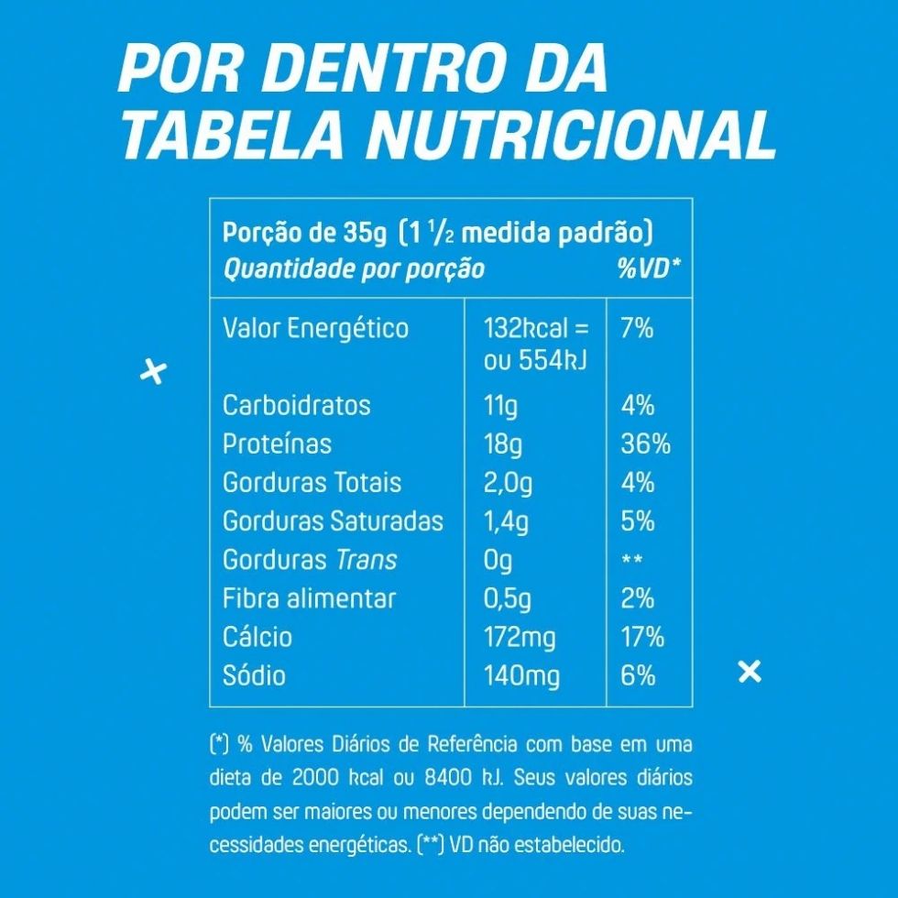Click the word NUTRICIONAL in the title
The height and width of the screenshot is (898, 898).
pyautogui.click(x=571, y=135)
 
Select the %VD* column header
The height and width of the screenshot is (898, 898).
pyautogui.click(x=649, y=268)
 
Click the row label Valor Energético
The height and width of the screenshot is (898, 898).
pyautogui.click(x=315, y=328)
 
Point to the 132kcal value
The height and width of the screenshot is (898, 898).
pyautogui.click(x=526, y=328)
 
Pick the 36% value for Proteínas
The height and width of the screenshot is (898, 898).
pyautogui.click(x=645, y=444)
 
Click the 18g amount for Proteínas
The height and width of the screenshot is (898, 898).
pyautogui.click(x=503, y=444)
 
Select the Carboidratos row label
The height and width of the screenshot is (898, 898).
pyautogui.click(x=296, y=405)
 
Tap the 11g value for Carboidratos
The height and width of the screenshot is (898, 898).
pyautogui.click(x=500, y=405)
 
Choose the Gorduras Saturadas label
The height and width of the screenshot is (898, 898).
pyautogui.click(x=333, y=521)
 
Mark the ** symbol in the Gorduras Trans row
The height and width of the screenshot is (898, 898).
pyautogui.click(x=631, y=561)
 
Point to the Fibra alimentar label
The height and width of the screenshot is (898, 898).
pyautogui.click(x=309, y=598)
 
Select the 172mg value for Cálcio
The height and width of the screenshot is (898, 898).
pyautogui.click(x=519, y=637)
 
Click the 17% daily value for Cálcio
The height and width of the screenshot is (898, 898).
pyautogui.click(x=642, y=637)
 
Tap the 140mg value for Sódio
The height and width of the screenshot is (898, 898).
pyautogui.click(x=520, y=676)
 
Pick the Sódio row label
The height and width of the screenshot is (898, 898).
pyautogui.click(x=254, y=676)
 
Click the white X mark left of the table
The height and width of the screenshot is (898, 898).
pyautogui.click(x=153, y=373)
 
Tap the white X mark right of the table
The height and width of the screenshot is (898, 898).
pyautogui.click(x=750, y=672)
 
